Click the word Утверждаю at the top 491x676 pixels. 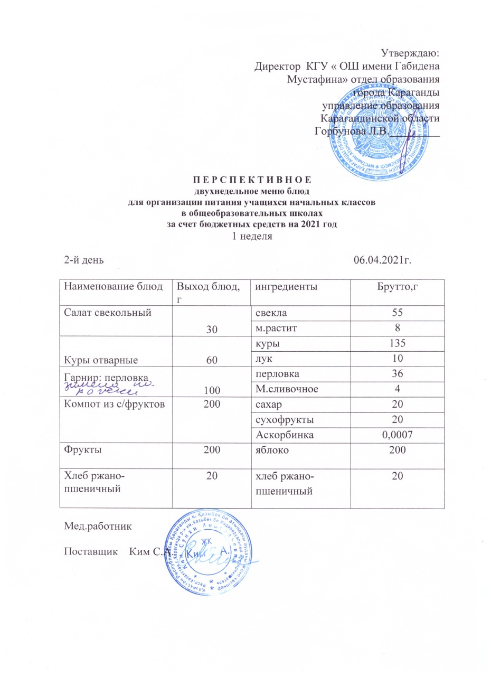click(x=410, y=53)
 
